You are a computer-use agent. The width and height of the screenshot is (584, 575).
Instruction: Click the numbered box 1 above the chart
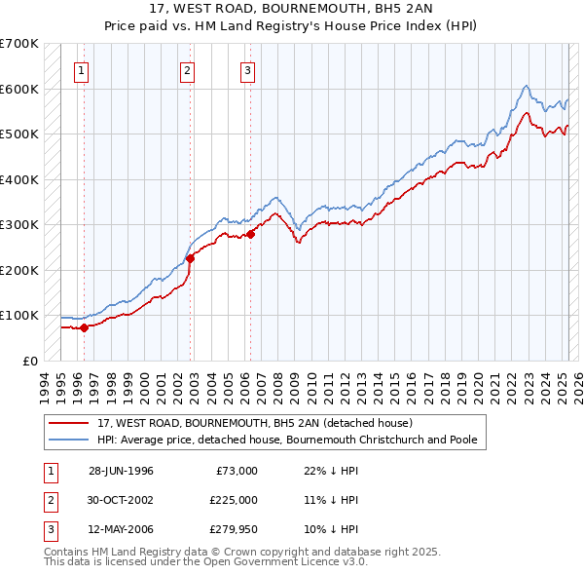tap(81, 69)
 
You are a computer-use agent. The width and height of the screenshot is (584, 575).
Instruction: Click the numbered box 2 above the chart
tap(186, 69)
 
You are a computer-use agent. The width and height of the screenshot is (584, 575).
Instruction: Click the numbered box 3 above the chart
tap(248, 69)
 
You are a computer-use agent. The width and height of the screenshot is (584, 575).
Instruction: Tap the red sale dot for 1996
tap(85, 327)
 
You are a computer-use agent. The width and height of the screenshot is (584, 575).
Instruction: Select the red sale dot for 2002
tap(191, 258)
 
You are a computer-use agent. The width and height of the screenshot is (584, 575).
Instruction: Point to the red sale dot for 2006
tap(251, 234)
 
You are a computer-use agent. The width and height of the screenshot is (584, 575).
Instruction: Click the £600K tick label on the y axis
tap(18, 89)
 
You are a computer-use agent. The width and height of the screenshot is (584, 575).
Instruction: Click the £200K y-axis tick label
tap(18, 270)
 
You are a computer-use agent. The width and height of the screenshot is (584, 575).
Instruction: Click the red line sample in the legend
tap(69, 424)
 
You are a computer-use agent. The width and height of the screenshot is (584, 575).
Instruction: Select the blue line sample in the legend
tap(69, 440)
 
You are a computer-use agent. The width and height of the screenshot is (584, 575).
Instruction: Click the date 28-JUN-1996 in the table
tap(121, 471)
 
